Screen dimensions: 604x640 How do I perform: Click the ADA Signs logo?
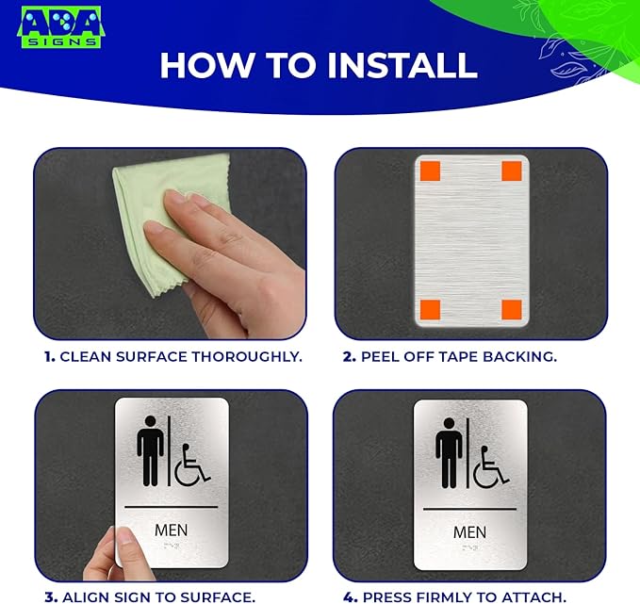tap(60, 28)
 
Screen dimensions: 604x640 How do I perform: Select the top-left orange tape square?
tap(429, 171)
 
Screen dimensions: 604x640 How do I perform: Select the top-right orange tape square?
tap(512, 171)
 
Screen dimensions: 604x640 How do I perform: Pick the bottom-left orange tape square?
tap(429, 309)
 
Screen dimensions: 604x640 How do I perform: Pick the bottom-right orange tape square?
tap(512, 309)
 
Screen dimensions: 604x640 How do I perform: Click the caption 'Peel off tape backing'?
tap(450, 357)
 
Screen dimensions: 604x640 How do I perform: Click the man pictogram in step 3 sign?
tap(149, 450)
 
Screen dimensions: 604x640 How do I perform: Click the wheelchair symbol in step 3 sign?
tap(192, 464)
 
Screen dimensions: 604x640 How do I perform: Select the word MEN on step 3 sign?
tap(171, 530)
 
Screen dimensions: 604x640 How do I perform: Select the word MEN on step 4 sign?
tap(469, 532)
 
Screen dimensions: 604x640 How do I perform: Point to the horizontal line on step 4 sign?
tap(469, 509)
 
